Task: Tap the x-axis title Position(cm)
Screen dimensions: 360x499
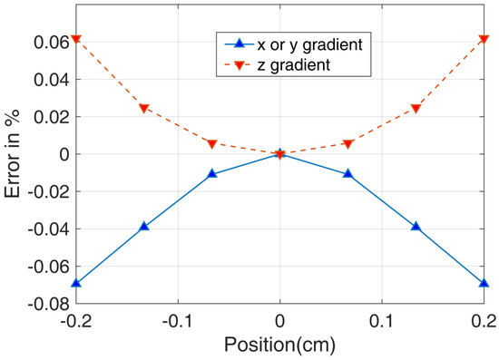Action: pyautogui.click(x=279, y=345)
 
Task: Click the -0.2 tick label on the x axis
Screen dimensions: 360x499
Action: pyautogui.click(x=76, y=320)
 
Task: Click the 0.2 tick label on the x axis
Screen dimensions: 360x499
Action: pyautogui.click(x=484, y=320)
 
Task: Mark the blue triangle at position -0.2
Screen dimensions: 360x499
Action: pyautogui.click(x=76, y=283)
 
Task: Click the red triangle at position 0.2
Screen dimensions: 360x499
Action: pyautogui.click(x=484, y=39)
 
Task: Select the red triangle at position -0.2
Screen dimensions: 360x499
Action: pyautogui.click(x=76, y=39)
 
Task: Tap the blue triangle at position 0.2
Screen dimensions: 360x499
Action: pyautogui.click(x=484, y=283)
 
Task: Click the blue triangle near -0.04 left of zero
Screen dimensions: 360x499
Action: pyautogui.click(x=144, y=226)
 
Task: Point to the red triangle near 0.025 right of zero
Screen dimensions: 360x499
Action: pyautogui.click(x=416, y=109)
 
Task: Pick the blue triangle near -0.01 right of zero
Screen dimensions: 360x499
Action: pyautogui.click(x=347, y=173)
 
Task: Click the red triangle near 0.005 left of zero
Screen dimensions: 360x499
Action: pyautogui.click(x=212, y=144)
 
